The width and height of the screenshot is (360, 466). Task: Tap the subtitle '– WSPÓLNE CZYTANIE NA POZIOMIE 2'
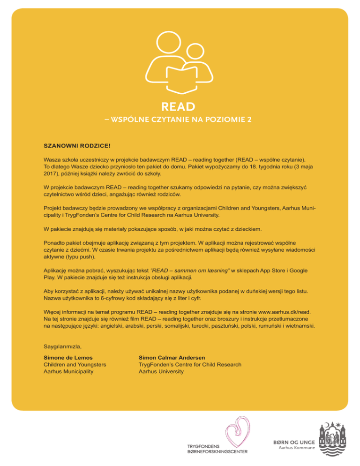coord(180,119)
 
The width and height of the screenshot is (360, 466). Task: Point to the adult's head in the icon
coord(167,39)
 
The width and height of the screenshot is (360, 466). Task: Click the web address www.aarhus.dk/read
coord(285,311)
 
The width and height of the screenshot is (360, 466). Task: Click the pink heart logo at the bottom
coord(236,436)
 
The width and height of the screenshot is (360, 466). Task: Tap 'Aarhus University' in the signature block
coord(161,371)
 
